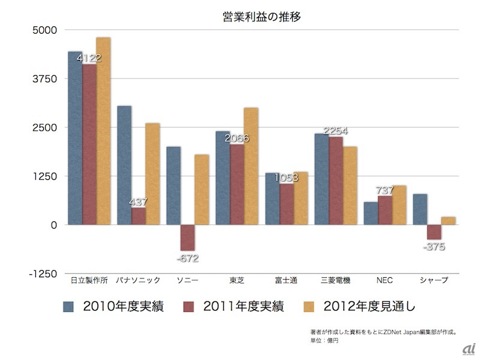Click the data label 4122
(x=89, y=58)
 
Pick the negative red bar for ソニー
(x=187, y=238)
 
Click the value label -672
(x=187, y=258)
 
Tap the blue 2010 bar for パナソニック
(x=124, y=165)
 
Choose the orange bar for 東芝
(x=251, y=166)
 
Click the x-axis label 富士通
(x=286, y=280)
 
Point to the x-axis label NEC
(x=385, y=280)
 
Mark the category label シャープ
(x=433, y=280)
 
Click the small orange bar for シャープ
(x=448, y=221)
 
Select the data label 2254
(x=335, y=131)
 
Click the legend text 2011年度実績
(x=244, y=307)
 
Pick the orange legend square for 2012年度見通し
(x=310, y=307)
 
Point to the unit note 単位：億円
(x=325, y=339)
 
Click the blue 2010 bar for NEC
(x=371, y=213)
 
